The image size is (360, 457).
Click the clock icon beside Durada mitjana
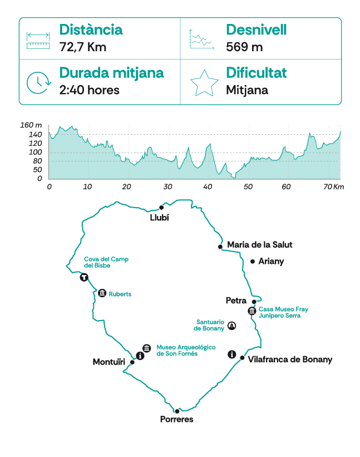[x=38, y=82]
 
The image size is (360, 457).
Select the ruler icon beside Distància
[x=38, y=39]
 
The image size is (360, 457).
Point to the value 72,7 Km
[x=82, y=47]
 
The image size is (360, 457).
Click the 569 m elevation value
[x=244, y=47]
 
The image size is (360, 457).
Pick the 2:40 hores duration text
[x=89, y=90]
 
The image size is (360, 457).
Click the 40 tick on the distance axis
[x=208, y=186]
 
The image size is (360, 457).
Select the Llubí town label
[x=159, y=218]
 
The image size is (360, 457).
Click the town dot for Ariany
[x=253, y=261]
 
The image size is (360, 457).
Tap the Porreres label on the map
[x=176, y=419]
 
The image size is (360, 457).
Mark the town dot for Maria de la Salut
[x=220, y=247]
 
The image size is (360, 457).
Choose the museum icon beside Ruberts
[x=102, y=293]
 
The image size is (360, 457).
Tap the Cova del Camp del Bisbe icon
[x=84, y=277]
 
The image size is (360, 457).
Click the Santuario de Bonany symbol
[x=232, y=326]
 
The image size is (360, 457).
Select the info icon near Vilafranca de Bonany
[x=232, y=355]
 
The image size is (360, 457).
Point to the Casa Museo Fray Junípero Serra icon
[x=252, y=311]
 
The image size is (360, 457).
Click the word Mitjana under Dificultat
[x=246, y=90]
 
